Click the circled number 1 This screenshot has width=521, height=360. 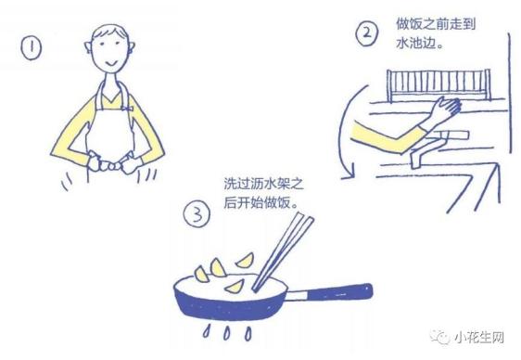[32, 48]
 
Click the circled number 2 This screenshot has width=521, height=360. [367, 33]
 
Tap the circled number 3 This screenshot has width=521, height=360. [197, 214]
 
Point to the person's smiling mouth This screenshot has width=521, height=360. [111, 63]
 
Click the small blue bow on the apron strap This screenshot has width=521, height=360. [127, 108]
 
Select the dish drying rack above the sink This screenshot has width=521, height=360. [438, 84]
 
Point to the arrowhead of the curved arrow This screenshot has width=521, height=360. [349, 173]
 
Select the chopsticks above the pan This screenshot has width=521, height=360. [283, 252]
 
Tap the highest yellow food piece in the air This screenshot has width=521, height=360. [245, 261]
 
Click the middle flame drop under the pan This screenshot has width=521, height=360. [226, 333]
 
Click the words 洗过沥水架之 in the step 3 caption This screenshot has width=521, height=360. [264, 183]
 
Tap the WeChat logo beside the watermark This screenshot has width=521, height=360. [440, 337]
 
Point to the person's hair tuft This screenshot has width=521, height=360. [110, 32]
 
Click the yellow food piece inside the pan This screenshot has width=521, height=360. [235, 286]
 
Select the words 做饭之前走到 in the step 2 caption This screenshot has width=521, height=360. [436, 24]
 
